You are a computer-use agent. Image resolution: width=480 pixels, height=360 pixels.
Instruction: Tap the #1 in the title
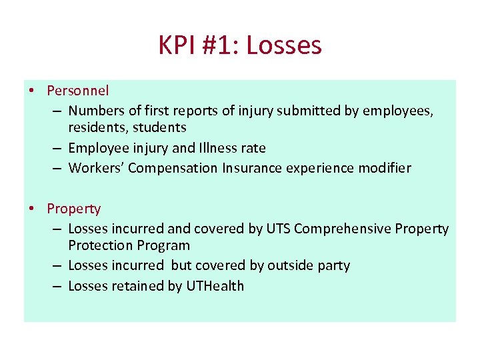[221, 45]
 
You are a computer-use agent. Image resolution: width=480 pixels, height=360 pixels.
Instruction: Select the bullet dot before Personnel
[33, 90]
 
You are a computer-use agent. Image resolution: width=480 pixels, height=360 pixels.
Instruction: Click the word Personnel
[78, 90]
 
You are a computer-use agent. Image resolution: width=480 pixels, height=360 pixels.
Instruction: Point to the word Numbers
[95, 111]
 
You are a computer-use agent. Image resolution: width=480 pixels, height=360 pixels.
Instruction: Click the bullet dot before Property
[33, 209]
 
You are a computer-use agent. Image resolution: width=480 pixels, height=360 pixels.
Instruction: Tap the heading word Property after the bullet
[73, 209]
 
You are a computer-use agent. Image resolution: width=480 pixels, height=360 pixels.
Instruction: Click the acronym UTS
[278, 229]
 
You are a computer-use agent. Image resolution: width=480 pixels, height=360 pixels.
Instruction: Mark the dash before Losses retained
[57, 286]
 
